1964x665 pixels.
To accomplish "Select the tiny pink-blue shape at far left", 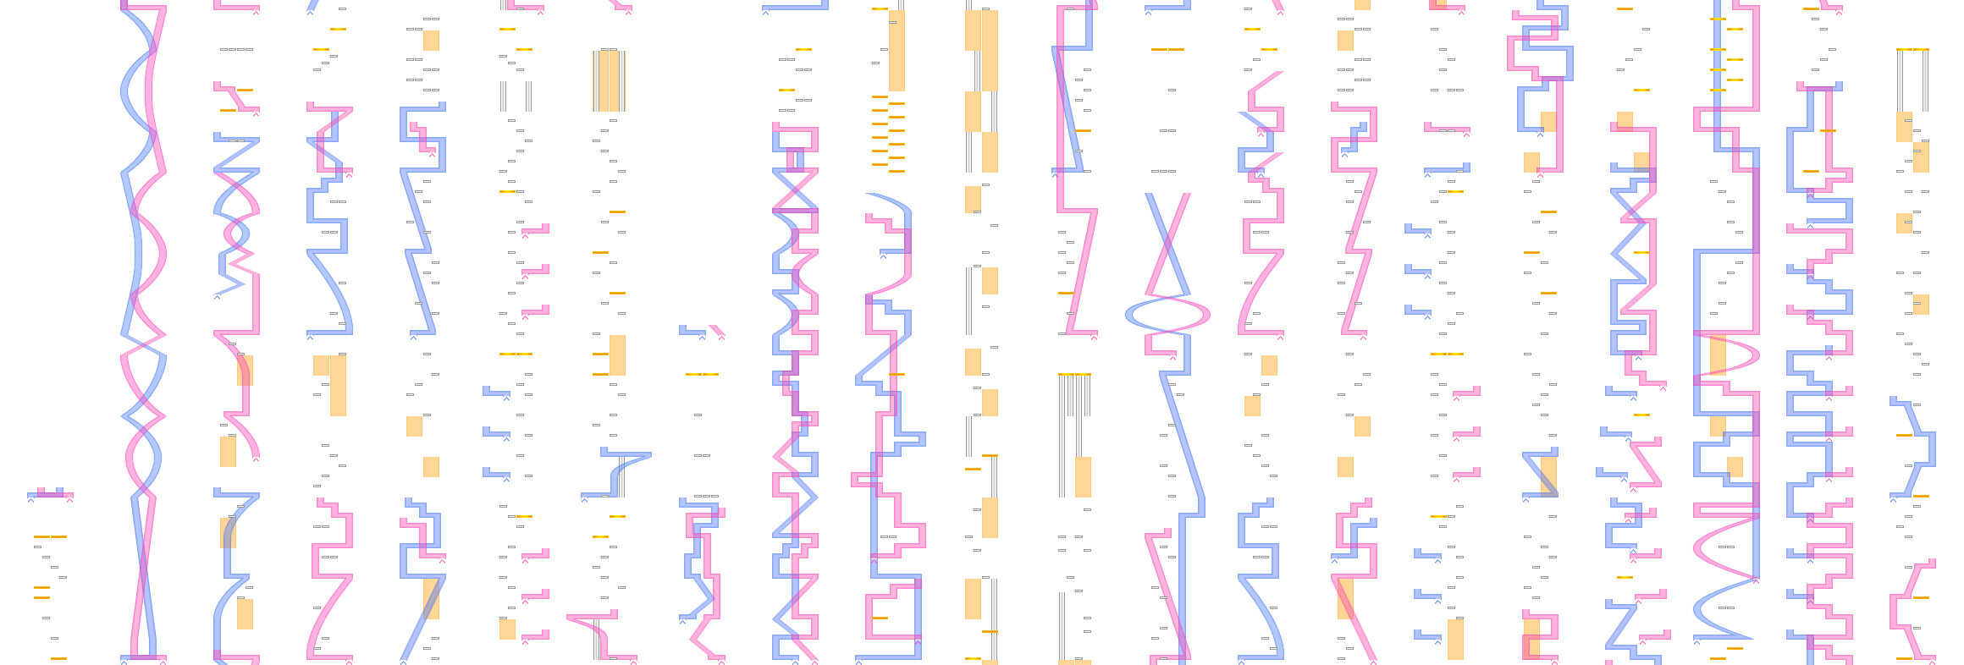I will point(50,493).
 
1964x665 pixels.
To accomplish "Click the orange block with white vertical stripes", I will point(609,81).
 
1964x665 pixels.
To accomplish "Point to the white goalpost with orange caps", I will point(1913,80).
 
